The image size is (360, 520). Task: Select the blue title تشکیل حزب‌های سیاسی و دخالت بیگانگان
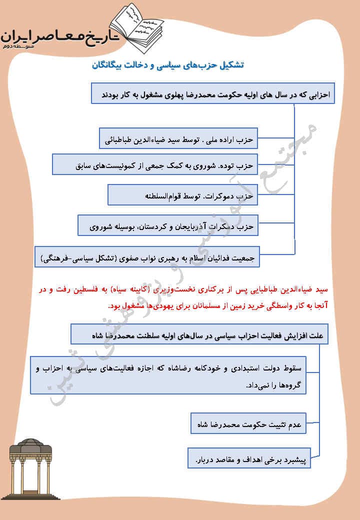tap(169, 66)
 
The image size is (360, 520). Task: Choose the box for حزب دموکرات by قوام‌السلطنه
tap(182, 195)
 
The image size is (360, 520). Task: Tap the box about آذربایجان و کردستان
tap(167, 226)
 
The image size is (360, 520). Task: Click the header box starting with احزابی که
tap(213, 94)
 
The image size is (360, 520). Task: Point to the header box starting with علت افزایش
tap(199, 334)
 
